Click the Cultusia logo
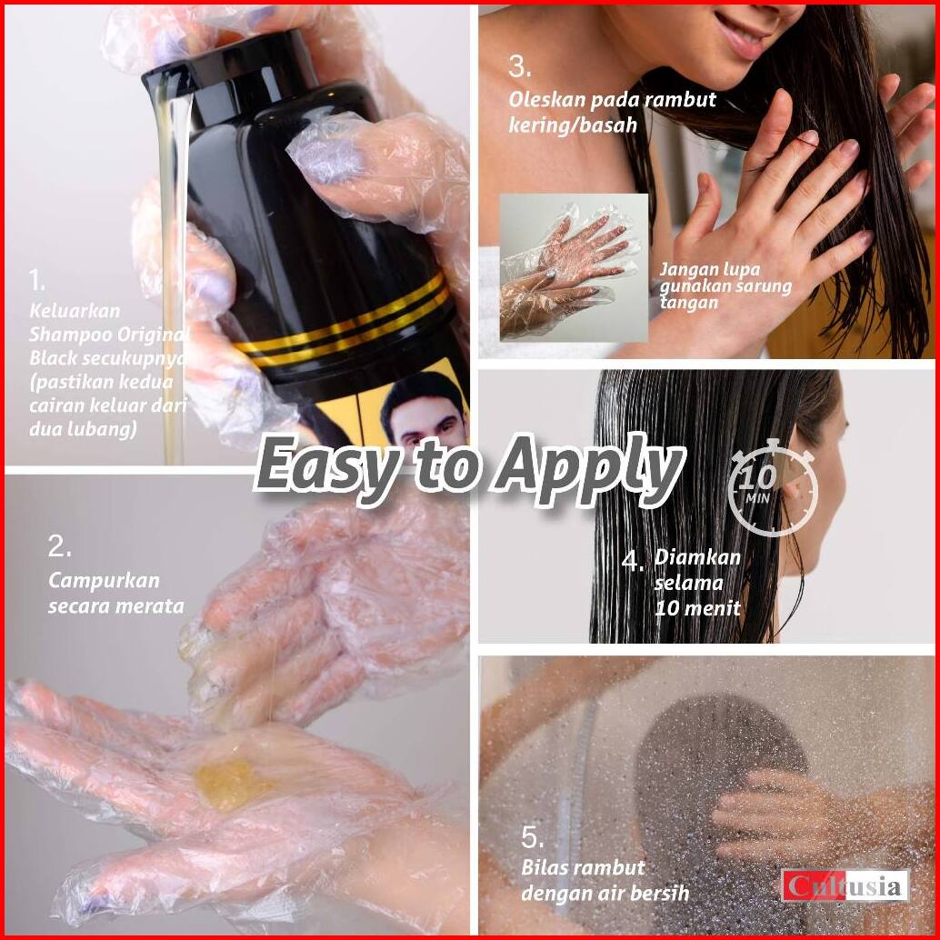(x=845, y=885)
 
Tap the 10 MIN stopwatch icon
(x=774, y=487)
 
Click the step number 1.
(x=36, y=280)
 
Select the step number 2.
(x=59, y=546)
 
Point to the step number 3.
(x=519, y=66)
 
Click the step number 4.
(x=633, y=561)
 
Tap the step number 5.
(x=533, y=837)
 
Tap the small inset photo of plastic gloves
(x=574, y=267)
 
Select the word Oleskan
(x=546, y=99)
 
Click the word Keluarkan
(x=75, y=311)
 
